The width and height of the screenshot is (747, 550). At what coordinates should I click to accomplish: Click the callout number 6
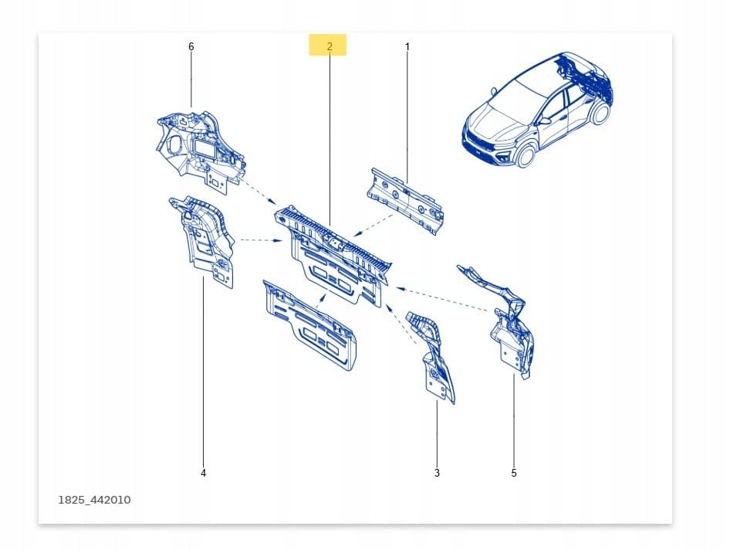click(191, 46)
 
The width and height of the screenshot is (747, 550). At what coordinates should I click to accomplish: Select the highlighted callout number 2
click(330, 46)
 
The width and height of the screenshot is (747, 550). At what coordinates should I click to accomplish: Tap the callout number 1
click(407, 46)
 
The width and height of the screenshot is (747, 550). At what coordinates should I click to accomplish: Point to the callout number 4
click(204, 473)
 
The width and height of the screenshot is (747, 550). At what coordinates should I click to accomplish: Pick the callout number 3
click(437, 473)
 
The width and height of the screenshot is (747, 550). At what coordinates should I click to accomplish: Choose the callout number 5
click(514, 473)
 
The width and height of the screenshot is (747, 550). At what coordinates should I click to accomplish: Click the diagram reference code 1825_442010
click(94, 500)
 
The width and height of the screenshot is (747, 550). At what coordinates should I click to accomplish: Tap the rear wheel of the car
click(599, 113)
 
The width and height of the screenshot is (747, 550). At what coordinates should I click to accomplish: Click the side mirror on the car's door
click(543, 121)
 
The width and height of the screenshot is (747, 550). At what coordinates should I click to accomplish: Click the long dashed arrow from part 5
click(442, 299)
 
